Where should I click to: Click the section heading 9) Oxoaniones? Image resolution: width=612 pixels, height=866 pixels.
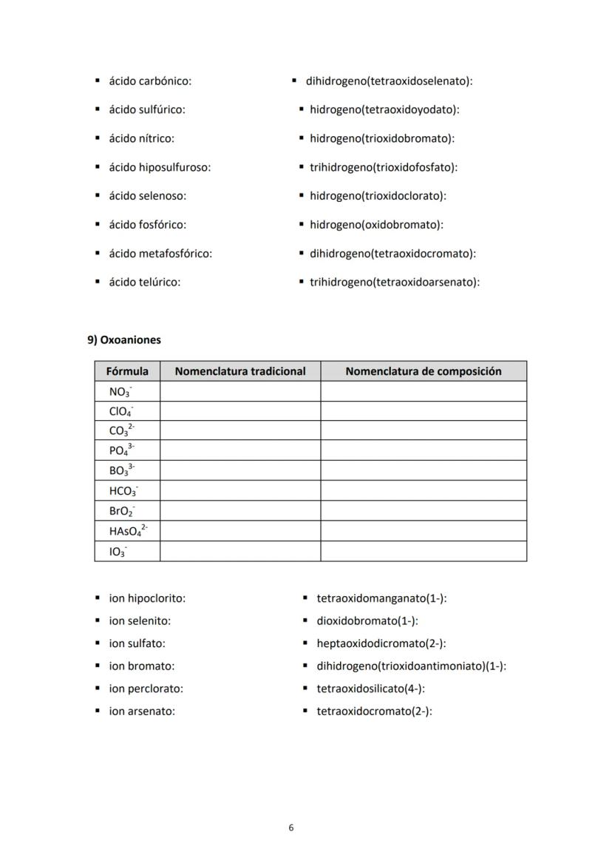point(124,340)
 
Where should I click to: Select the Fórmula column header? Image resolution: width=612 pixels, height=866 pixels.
point(127,371)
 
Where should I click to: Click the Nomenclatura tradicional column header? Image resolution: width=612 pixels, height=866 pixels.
point(240,371)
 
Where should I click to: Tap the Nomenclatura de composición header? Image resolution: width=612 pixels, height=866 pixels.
point(424,371)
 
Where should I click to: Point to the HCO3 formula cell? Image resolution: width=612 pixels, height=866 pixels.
point(123,491)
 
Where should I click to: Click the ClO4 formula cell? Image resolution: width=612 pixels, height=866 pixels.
point(121,411)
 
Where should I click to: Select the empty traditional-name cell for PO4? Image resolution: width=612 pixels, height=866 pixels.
point(240,451)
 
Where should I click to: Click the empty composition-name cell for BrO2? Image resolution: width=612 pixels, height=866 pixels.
point(424,511)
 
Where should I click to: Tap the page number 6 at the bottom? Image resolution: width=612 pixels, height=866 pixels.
point(291,828)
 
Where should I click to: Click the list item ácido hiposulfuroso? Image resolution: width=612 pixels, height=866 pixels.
point(160,167)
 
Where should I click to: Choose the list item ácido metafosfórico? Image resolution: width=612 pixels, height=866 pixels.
point(160,254)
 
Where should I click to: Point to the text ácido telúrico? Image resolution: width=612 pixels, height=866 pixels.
point(145,282)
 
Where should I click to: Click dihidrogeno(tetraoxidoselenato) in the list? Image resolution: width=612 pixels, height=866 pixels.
point(389,81)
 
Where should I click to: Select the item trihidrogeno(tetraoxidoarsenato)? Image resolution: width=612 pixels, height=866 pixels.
point(395,282)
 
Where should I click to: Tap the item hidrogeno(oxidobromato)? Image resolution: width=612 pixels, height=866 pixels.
point(376,225)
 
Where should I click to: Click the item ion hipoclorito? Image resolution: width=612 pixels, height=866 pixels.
point(147,598)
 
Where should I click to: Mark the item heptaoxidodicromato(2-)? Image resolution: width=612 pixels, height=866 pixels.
point(381,643)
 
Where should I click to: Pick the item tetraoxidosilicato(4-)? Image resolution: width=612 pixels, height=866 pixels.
point(370,689)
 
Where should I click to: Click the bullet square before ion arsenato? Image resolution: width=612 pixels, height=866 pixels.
point(98,711)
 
